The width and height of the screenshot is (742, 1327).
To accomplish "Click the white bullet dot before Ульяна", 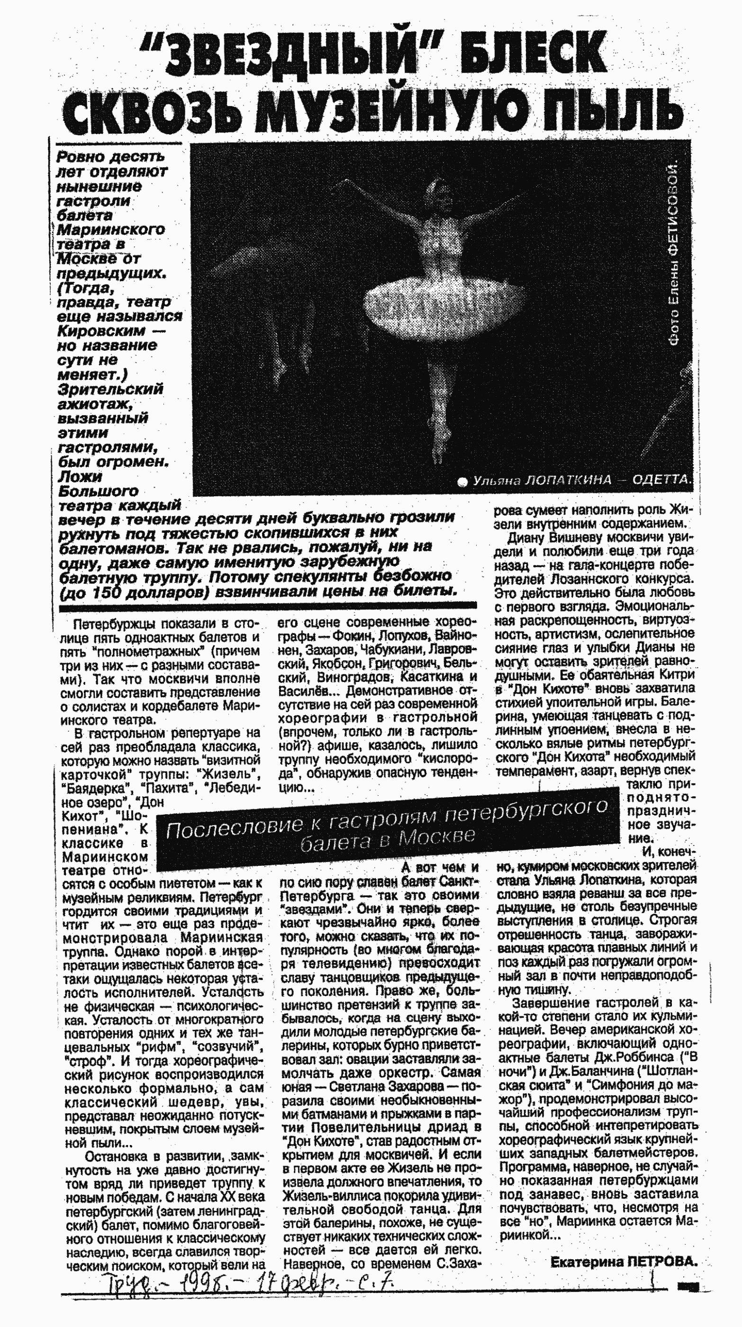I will (462, 482).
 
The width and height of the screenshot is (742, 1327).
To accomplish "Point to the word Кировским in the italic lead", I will (101, 331).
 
